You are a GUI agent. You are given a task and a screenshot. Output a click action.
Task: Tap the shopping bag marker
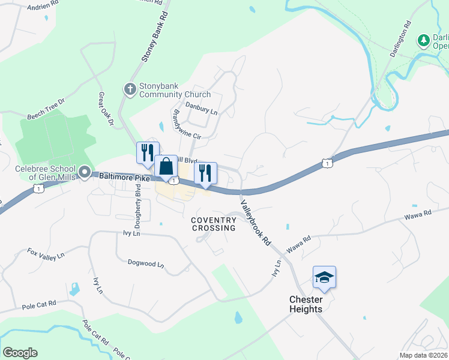tap(166, 166)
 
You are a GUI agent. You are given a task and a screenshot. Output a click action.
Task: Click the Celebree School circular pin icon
tap(85, 173)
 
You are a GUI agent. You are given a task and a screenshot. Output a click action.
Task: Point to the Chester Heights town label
tap(306, 304)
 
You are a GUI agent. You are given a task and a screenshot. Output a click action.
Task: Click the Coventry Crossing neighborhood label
tap(214, 224)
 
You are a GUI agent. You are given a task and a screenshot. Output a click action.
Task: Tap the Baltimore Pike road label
tap(124, 178)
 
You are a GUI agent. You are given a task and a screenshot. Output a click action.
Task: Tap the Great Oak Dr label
tap(106, 109)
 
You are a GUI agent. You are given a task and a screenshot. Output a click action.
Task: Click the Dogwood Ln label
tap(146, 263)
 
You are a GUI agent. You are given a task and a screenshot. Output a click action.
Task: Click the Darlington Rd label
tap(400, 39)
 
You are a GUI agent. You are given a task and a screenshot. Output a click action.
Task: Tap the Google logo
tap(20, 353)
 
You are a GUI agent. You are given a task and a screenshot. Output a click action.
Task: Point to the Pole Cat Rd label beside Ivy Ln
tap(39, 305)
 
